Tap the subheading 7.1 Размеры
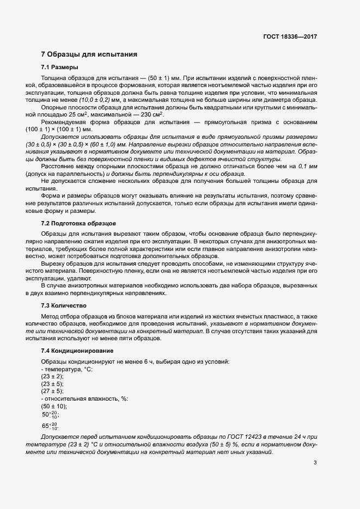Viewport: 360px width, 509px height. click(59, 67)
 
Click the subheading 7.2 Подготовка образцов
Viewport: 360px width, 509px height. click(78, 224)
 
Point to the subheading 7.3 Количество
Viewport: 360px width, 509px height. click(64, 306)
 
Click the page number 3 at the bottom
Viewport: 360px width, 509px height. click(315, 463)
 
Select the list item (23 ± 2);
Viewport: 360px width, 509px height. click(52, 377)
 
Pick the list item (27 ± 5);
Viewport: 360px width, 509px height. click(52, 391)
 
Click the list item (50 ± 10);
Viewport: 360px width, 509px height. click(54, 406)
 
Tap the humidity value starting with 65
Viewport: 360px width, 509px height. click(50, 426)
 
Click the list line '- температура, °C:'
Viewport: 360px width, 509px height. click(67, 370)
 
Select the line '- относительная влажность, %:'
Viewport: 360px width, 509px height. click(84, 398)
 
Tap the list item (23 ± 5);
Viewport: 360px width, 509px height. click(52, 384)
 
